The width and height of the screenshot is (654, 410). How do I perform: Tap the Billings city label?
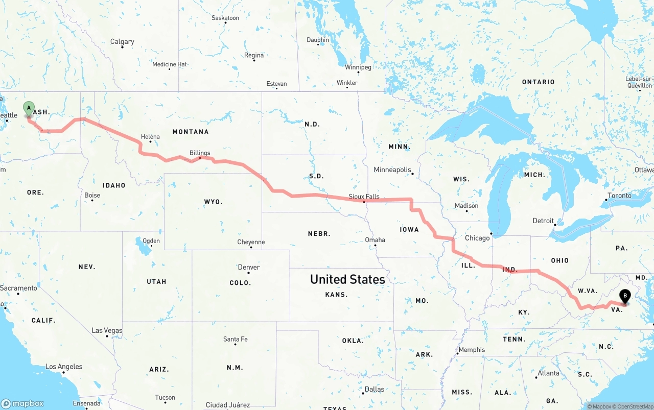pyautogui.click(x=200, y=153)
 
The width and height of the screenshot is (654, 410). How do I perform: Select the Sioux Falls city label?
pyautogui.click(x=364, y=196)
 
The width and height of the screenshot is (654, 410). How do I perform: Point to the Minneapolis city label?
pyautogui.click(x=392, y=170)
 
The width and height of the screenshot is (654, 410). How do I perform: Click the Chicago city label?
pyautogui.click(x=477, y=238)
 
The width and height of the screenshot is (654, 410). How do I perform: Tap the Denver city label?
pyautogui.click(x=249, y=267)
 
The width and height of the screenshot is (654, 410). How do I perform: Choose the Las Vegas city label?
pyautogui.click(x=107, y=330)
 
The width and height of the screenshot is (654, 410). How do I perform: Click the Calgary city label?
pyautogui.click(x=122, y=42)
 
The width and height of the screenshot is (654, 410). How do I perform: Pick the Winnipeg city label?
pyautogui.click(x=358, y=67)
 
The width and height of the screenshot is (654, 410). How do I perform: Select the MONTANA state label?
pyautogui.click(x=191, y=132)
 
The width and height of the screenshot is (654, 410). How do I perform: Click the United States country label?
pyautogui.click(x=347, y=279)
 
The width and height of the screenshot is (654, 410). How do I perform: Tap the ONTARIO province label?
pyautogui.click(x=538, y=82)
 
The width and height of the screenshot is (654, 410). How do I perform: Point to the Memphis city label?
pyautogui.click(x=472, y=350)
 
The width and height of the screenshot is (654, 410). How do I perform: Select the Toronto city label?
pyautogui.click(x=619, y=196)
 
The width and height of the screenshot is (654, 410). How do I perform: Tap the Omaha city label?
pyautogui.click(x=375, y=240)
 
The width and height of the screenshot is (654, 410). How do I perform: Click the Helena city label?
pyautogui.click(x=150, y=137)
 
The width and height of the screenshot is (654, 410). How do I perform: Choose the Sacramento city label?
pyautogui.click(x=18, y=288)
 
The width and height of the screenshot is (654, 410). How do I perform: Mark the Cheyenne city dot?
pyautogui.click(x=251, y=248)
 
